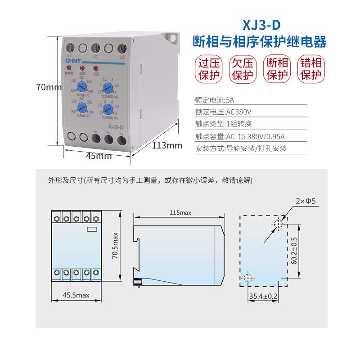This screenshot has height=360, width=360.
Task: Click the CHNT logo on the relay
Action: (x=72, y=61)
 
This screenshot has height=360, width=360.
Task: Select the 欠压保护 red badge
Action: (x=240, y=68)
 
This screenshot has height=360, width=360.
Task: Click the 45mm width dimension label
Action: (x=99, y=156)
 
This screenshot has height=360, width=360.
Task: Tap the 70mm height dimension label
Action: (x=49, y=87)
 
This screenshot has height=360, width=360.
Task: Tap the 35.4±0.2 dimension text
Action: (x=263, y=296)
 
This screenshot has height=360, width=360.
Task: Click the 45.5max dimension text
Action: (x=76, y=295)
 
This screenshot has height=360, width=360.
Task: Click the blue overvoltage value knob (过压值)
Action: (x=81, y=87)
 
